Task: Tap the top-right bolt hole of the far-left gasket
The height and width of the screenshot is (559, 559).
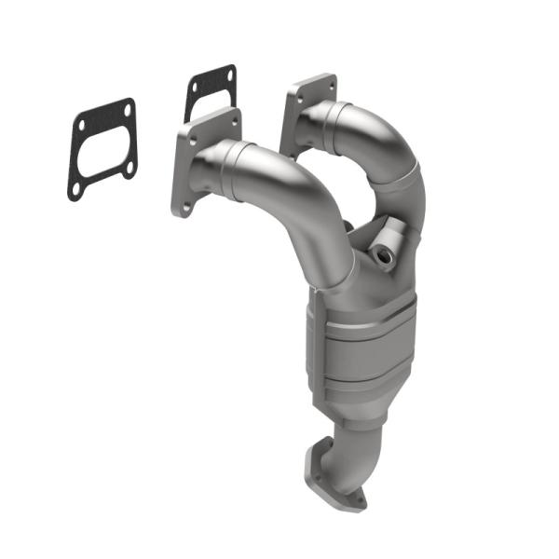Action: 126,109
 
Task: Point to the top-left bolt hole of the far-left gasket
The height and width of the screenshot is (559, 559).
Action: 82,124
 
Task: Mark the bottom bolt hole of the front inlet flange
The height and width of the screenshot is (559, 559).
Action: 185,206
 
